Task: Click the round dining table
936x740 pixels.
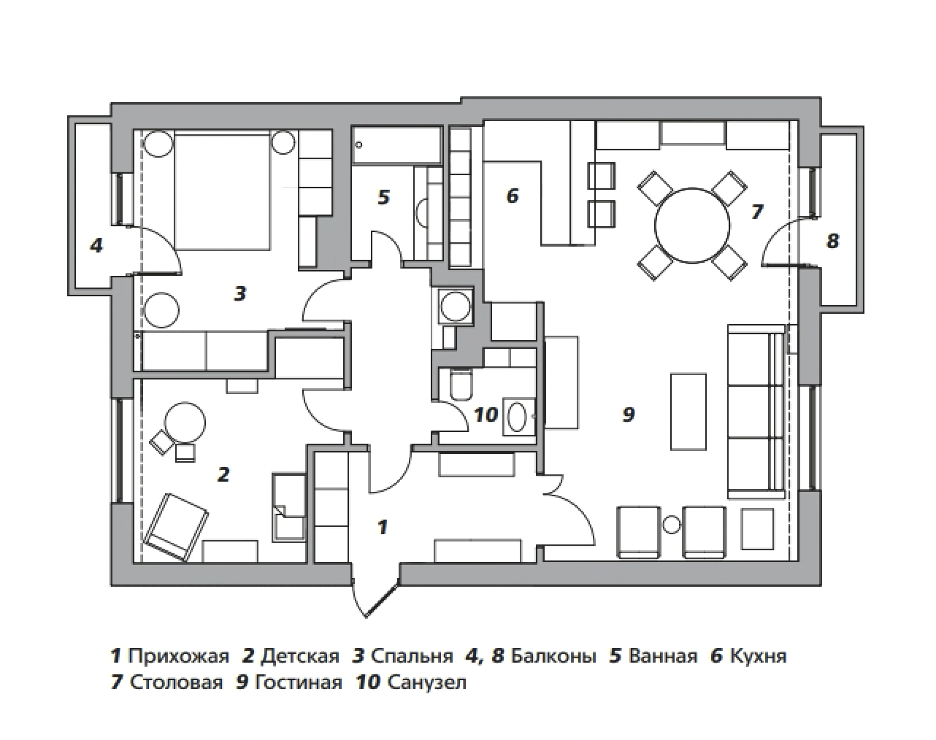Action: (x=692, y=226)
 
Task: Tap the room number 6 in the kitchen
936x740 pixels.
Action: (x=513, y=196)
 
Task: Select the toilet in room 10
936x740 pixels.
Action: (x=461, y=385)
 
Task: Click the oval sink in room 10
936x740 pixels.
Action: (x=517, y=417)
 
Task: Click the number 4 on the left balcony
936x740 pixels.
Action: (x=96, y=246)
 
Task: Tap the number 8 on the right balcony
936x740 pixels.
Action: (x=832, y=241)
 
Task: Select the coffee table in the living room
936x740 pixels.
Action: (x=688, y=412)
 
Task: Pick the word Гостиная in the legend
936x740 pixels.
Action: (x=299, y=682)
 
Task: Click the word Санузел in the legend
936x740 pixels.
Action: (x=426, y=682)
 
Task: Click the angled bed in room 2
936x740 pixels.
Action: (x=177, y=527)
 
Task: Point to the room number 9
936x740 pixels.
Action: (x=629, y=415)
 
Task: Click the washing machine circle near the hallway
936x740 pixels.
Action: (x=456, y=307)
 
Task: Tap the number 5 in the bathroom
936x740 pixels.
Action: (x=383, y=197)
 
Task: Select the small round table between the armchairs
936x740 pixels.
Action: (x=672, y=525)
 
